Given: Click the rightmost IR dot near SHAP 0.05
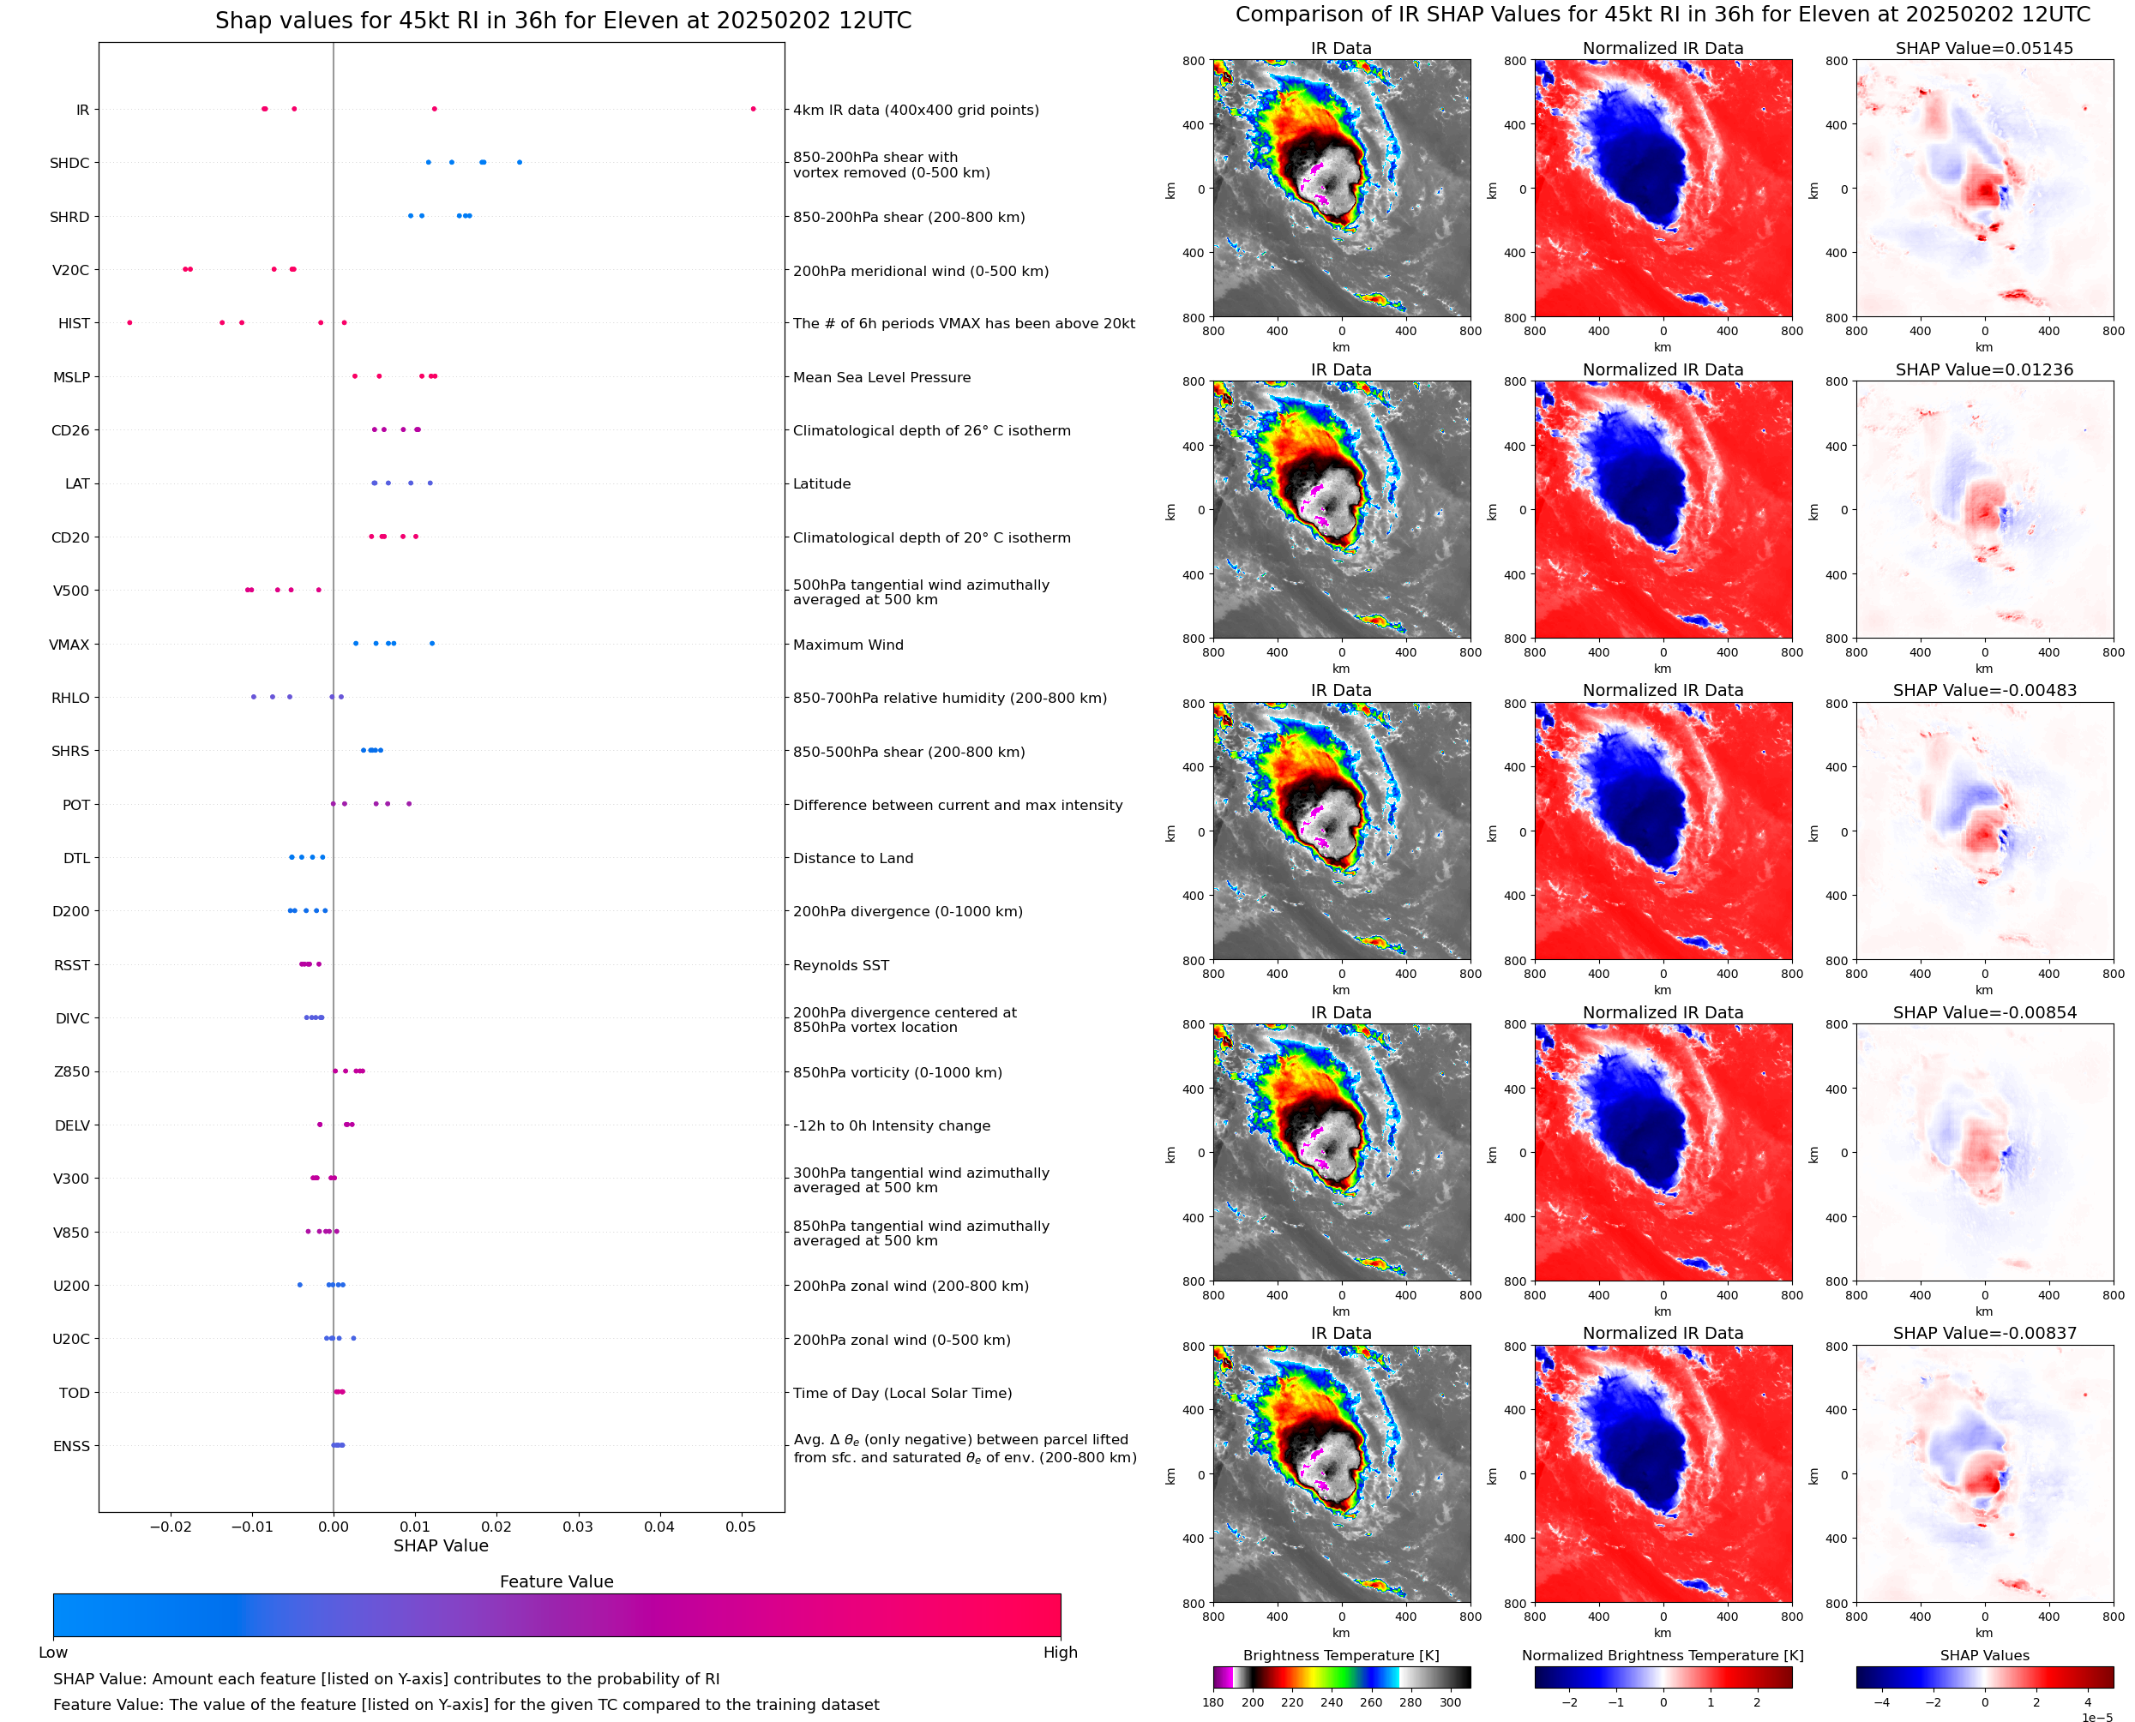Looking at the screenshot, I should [753, 109].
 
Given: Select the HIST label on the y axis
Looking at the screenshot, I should [74, 323].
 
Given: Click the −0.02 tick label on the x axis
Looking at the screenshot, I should [170, 1527].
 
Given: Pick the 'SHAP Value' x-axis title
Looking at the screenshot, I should [441, 1545].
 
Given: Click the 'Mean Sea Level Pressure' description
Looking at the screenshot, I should [881, 378].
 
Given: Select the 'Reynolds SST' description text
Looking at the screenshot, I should [840, 965].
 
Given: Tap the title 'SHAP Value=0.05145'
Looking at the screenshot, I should [1984, 49].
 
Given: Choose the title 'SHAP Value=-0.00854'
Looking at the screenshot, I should [1984, 1013].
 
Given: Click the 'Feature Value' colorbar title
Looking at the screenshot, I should [556, 1581].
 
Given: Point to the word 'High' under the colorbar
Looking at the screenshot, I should [1060, 1653].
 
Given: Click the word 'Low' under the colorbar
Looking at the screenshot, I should [53, 1653].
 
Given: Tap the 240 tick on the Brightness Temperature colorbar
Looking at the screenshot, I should [1332, 1702].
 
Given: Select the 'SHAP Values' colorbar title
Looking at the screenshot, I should [1984, 1655].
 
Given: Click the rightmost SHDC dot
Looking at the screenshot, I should [519, 163].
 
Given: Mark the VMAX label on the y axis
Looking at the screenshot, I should [69, 645].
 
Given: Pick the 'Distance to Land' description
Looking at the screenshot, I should [852, 859].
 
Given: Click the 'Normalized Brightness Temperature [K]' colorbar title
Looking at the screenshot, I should [1663, 1655].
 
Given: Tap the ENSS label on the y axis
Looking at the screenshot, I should [71, 1446].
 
